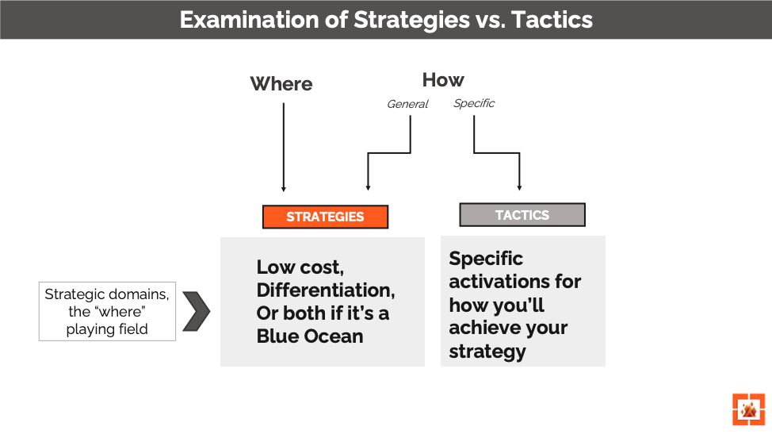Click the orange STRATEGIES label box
point(325,217)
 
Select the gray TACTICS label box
point(522,215)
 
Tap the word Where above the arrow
point(281,84)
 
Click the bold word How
point(443,80)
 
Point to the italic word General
point(407,104)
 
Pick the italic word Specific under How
point(474,103)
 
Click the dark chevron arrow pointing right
point(196,311)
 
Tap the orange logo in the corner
point(748,409)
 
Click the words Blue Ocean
point(310,336)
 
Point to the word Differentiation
point(326,290)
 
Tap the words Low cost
point(300,267)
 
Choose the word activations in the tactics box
point(514,282)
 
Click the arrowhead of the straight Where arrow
point(283,188)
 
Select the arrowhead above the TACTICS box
point(519,187)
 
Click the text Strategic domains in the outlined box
point(107,294)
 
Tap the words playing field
point(107,328)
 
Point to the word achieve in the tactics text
point(482,328)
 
